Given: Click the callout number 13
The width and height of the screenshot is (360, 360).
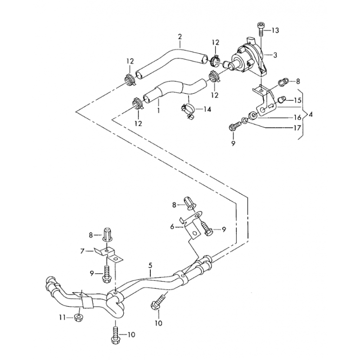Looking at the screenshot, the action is (275, 30).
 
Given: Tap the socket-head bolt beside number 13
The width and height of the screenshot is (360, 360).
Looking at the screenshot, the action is (261, 29).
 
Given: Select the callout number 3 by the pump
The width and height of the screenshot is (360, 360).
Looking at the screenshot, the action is (275, 55).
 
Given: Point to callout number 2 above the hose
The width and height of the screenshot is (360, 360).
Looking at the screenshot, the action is (180, 36).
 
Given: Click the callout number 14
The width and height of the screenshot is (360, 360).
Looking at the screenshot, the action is (207, 109).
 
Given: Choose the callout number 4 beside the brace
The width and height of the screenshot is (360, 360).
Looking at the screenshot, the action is (310, 114).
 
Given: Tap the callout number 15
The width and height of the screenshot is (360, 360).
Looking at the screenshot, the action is (297, 100).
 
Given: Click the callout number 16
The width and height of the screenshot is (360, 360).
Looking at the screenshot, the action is (297, 118).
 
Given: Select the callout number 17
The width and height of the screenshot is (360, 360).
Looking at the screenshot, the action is (297, 128).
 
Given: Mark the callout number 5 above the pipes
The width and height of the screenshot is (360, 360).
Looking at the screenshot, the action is (150, 265).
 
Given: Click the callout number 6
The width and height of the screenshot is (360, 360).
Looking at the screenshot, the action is (172, 227).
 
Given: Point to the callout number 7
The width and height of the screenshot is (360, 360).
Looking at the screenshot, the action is (82, 251).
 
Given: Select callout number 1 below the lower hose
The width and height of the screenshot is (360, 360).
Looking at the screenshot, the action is (158, 110).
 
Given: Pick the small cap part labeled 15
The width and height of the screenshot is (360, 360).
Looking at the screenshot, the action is (282, 100).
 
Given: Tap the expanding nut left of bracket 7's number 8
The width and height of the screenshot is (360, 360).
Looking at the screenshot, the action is (107, 234).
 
